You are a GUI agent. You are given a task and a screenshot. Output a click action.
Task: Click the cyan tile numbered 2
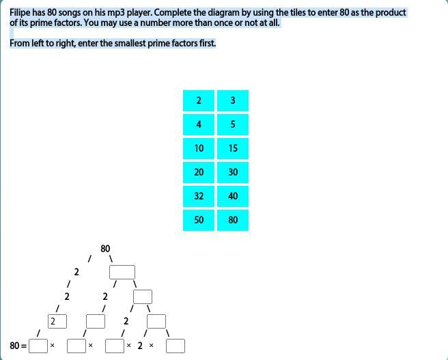199,100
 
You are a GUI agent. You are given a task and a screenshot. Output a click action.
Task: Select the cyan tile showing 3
233,100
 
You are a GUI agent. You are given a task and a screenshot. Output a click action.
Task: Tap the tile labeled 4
199,124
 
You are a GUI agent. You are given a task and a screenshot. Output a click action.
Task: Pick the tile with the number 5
233,124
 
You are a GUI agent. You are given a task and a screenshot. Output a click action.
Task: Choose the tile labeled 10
199,148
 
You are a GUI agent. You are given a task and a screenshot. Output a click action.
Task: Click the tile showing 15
233,148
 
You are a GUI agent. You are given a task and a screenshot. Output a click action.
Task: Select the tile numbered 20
199,172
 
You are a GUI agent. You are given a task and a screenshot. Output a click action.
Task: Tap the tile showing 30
233,172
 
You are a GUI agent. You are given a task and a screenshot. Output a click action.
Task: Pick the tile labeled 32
199,196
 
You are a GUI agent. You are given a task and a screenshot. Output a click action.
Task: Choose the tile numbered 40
233,196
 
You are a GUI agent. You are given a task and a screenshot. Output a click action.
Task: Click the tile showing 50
199,220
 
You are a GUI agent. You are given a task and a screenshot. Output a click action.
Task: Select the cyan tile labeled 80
233,220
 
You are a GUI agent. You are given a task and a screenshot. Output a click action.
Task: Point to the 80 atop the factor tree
105,249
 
